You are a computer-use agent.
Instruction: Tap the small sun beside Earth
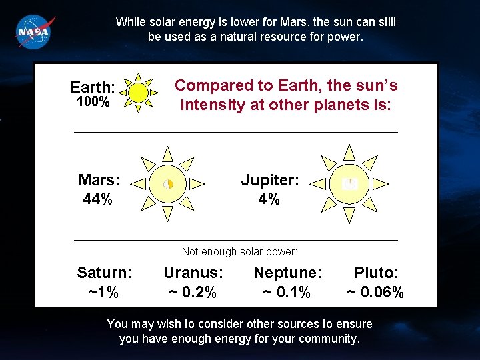tap(138, 92)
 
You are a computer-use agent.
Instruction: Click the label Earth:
tap(93, 87)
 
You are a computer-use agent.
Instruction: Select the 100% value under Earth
tap(93, 102)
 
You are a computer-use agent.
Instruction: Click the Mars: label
tap(99, 180)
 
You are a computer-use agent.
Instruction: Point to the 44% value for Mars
tap(97, 199)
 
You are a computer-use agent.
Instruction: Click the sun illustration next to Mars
tap(168, 183)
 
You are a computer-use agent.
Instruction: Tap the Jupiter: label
tap(270, 180)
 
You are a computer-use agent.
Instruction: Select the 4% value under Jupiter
tap(269, 199)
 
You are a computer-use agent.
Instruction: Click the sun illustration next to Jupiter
tap(349, 183)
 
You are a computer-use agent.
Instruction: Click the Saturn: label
tap(104, 273)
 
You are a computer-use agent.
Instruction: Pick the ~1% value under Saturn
tap(103, 292)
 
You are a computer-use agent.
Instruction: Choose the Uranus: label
tap(193, 273)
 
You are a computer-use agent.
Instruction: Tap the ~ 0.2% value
tap(192, 292)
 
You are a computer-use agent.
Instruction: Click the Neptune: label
tap(287, 273)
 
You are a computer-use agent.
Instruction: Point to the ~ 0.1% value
tap(287, 292)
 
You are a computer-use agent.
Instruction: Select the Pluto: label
tap(376, 273)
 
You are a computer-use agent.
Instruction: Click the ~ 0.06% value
tap(375, 292)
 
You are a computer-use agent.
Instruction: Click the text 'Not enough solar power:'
tap(239, 251)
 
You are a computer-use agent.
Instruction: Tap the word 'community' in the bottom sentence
tap(328, 339)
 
